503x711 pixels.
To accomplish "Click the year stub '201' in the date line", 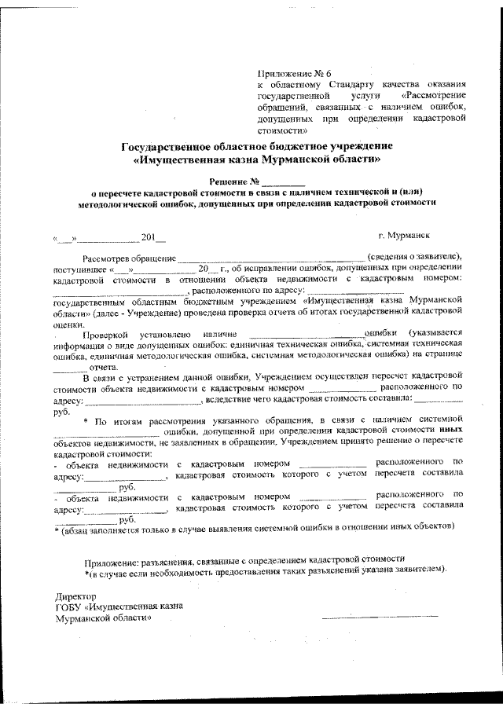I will (x=148, y=236).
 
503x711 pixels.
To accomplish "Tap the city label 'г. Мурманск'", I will (x=403, y=235).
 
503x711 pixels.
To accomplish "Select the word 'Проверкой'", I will (x=107, y=333).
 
